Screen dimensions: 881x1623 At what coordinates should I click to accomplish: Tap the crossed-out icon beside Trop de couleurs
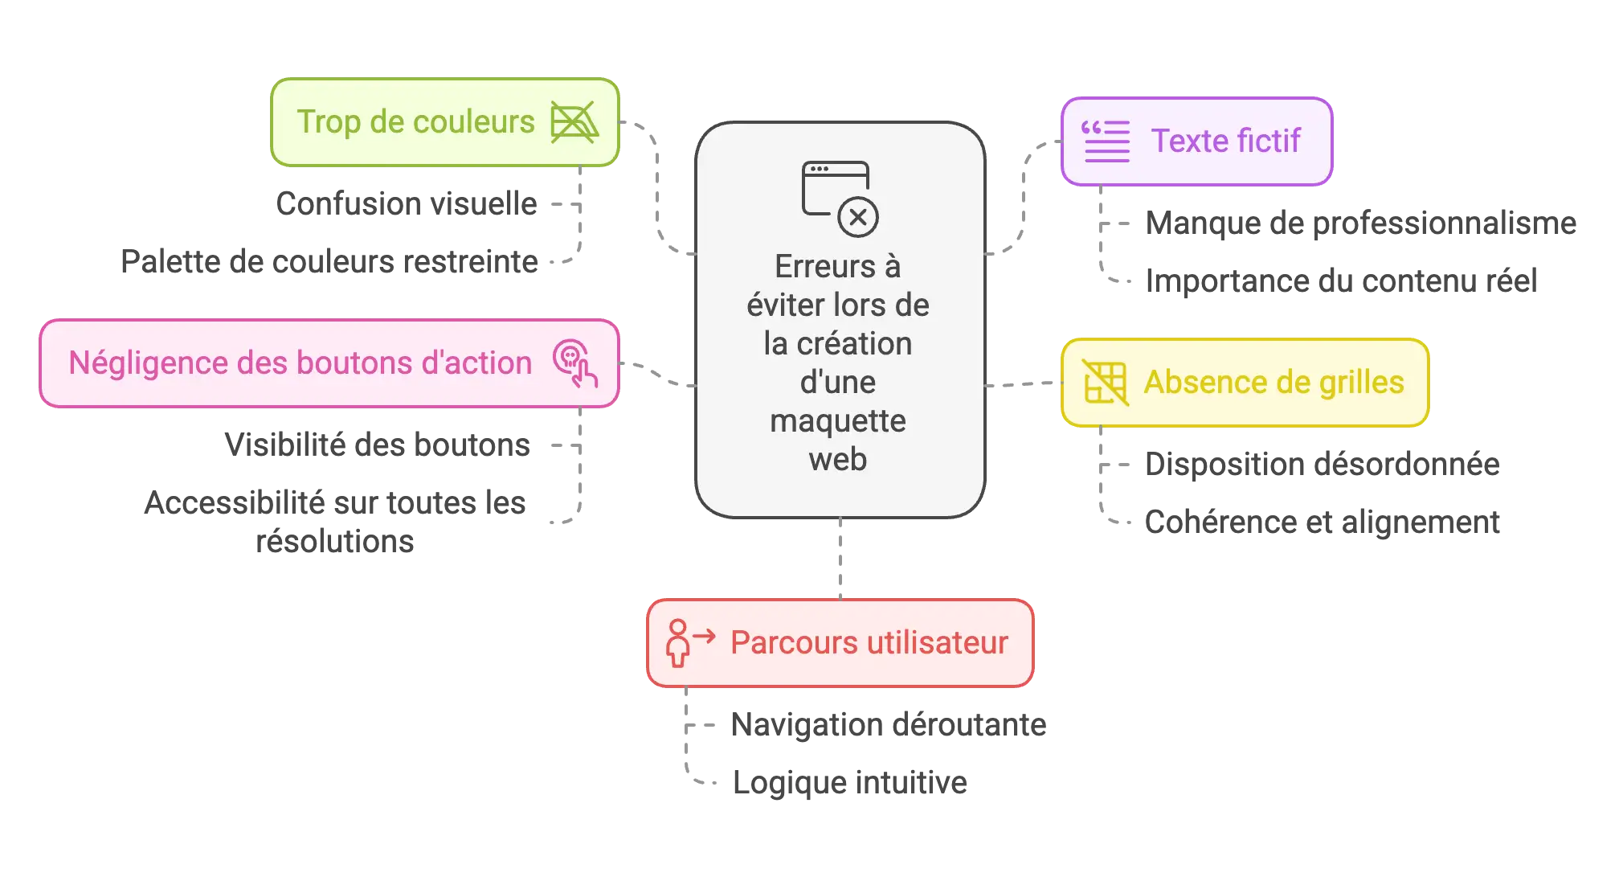(x=574, y=122)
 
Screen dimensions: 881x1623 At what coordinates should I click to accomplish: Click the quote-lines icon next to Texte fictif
(x=1106, y=141)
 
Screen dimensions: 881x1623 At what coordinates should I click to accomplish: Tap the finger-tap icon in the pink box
(x=574, y=363)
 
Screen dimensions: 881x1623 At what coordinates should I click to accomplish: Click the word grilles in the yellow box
(x=1361, y=383)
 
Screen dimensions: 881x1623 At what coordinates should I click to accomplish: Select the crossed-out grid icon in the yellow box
(x=1106, y=382)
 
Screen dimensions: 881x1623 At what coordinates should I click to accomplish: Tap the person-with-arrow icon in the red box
(x=688, y=642)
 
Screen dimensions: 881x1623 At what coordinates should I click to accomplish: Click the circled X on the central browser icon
(x=858, y=217)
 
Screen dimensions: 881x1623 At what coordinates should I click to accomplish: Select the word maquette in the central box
(x=838, y=421)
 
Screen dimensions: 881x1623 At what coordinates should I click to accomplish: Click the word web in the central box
(x=838, y=460)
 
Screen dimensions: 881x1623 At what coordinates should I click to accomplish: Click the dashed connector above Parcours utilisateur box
(x=839, y=558)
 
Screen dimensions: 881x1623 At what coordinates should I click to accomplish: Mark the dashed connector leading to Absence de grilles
(x=1022, y=384)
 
